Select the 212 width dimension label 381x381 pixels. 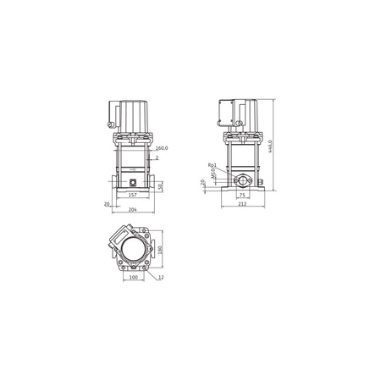tap(243, 204)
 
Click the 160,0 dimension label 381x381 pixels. tap(161, 149)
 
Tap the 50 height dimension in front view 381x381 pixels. tap(161, 185)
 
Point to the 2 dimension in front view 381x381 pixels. tap(157, 157)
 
